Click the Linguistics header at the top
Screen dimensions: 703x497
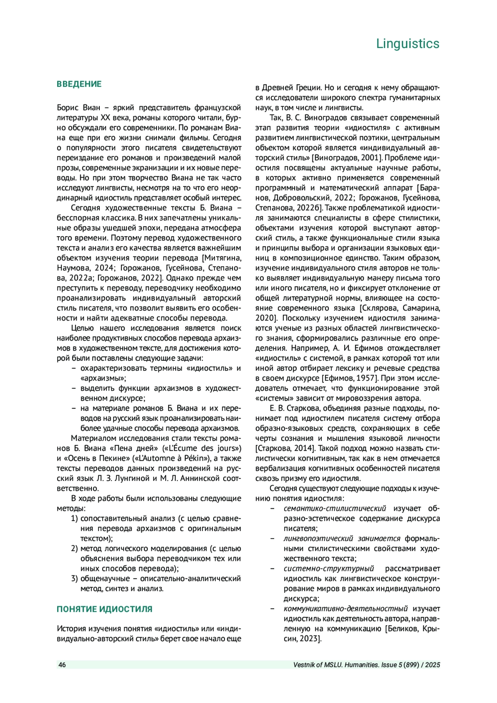coord(408,43)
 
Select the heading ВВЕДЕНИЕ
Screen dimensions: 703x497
coord(79,84)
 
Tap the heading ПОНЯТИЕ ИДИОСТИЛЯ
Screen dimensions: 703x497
coord(104,609)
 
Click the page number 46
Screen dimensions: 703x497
coord(62,665)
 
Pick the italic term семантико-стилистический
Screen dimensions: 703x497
coord(335,508)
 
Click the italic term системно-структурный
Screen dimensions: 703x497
coord(329,568)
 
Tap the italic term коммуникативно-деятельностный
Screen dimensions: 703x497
coord(345,609)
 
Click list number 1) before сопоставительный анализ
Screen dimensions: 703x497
coord(74,518)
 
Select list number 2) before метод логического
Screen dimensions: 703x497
coord(74,548)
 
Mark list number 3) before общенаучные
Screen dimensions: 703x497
coord(74,578)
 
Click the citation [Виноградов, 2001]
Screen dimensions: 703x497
coord(346,158)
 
